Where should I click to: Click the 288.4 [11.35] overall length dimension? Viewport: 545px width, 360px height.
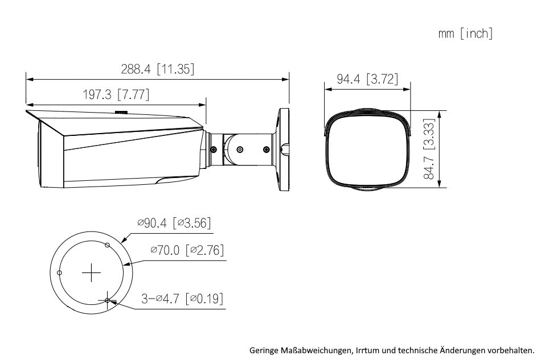click(157, 69)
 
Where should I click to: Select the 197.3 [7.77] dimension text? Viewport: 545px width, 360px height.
click(116, 94)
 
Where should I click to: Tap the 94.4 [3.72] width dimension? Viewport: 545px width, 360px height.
click(367, 79)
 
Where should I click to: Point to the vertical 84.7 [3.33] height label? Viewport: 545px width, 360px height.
click(429, 149)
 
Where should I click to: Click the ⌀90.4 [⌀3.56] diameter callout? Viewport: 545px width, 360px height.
click(174, 223)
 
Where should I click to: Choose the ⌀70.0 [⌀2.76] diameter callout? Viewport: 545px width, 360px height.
click(187, 250)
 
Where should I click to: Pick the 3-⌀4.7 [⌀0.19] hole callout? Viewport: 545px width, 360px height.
click(182, 299)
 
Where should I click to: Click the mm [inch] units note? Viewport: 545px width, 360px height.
click(466, 34)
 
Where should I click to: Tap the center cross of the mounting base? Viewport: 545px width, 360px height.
click(92, 273)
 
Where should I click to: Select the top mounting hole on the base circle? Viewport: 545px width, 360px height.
click(108, 246)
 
